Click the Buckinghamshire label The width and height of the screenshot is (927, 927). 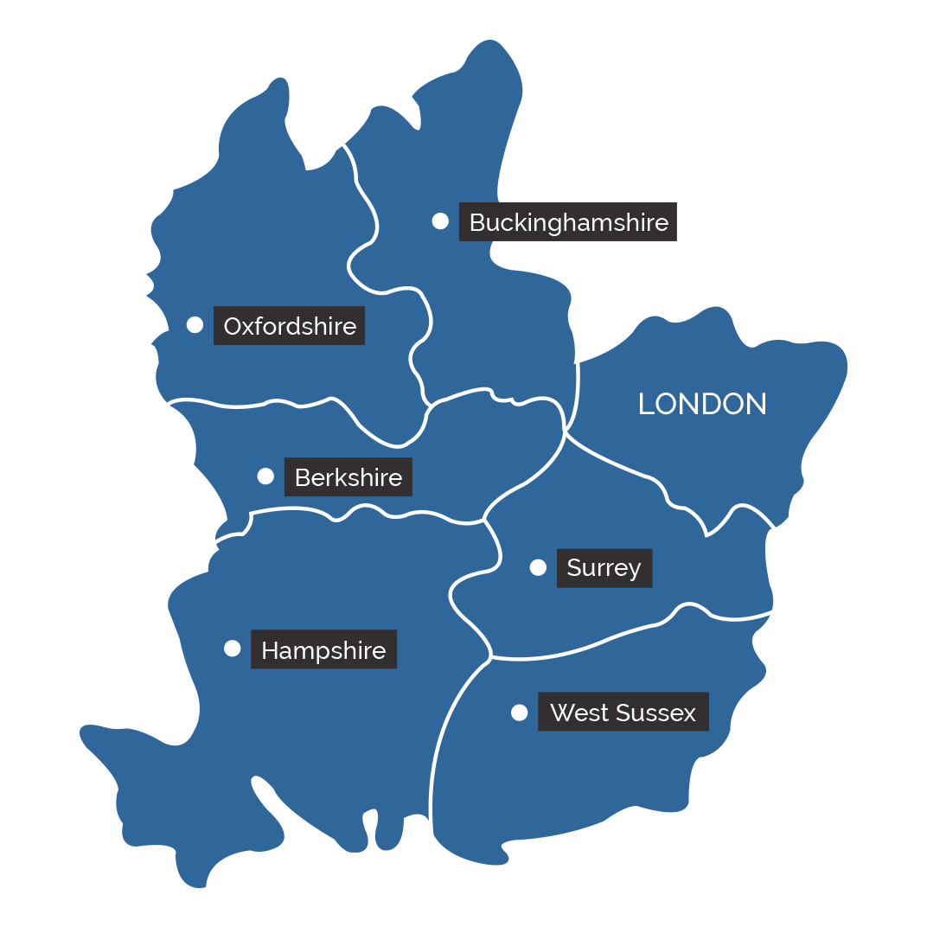click(x=568, y=222)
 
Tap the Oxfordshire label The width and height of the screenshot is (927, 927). click(x=290, y=326)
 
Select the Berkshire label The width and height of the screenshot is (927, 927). click(x=348, y=477)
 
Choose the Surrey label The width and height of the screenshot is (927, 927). click(x=604, y=568)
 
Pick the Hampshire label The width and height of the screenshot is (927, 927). click(x=323, y=650)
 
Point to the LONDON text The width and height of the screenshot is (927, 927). click(x=702, y=404)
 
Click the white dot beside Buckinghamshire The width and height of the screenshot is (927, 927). click(x=440, y=221)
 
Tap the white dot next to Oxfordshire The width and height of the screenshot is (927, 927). click(x=195, y=324)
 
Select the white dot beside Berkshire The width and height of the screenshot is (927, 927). click(x=265, y=476)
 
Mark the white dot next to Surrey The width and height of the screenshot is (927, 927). click(x=538, y=567)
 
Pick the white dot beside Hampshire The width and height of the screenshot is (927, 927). click(x=232, y=649)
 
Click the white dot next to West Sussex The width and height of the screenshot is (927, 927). click(x=519, y=713)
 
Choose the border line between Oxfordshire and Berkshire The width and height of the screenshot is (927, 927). click(x=259, y=405)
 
